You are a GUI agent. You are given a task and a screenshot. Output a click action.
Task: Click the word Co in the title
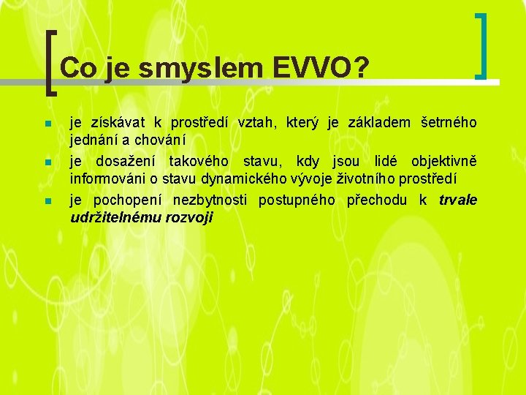pos(78,69)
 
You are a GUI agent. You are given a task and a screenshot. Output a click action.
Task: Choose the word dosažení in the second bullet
pos(132,161)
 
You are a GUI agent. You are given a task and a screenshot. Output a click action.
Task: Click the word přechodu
pos(378,200)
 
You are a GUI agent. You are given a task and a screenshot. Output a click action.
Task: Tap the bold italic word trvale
pos(458,200)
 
